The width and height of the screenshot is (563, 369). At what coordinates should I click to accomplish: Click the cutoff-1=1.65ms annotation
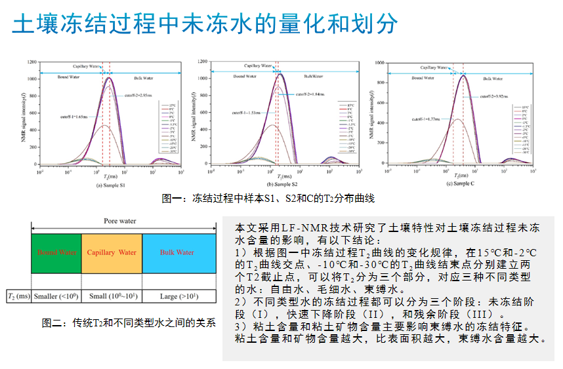click(74, 117)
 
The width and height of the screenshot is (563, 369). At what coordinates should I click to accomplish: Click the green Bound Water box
click(56, 253)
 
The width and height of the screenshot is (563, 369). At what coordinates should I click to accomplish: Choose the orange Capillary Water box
click(112, 253)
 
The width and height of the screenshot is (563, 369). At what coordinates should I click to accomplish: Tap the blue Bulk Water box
click(177, 253)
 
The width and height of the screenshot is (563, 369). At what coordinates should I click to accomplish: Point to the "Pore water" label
click(120, 221)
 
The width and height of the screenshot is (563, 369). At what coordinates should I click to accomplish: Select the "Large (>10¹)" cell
click(178, 296)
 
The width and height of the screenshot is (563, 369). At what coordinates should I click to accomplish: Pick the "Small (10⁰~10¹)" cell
click(112, 296)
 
